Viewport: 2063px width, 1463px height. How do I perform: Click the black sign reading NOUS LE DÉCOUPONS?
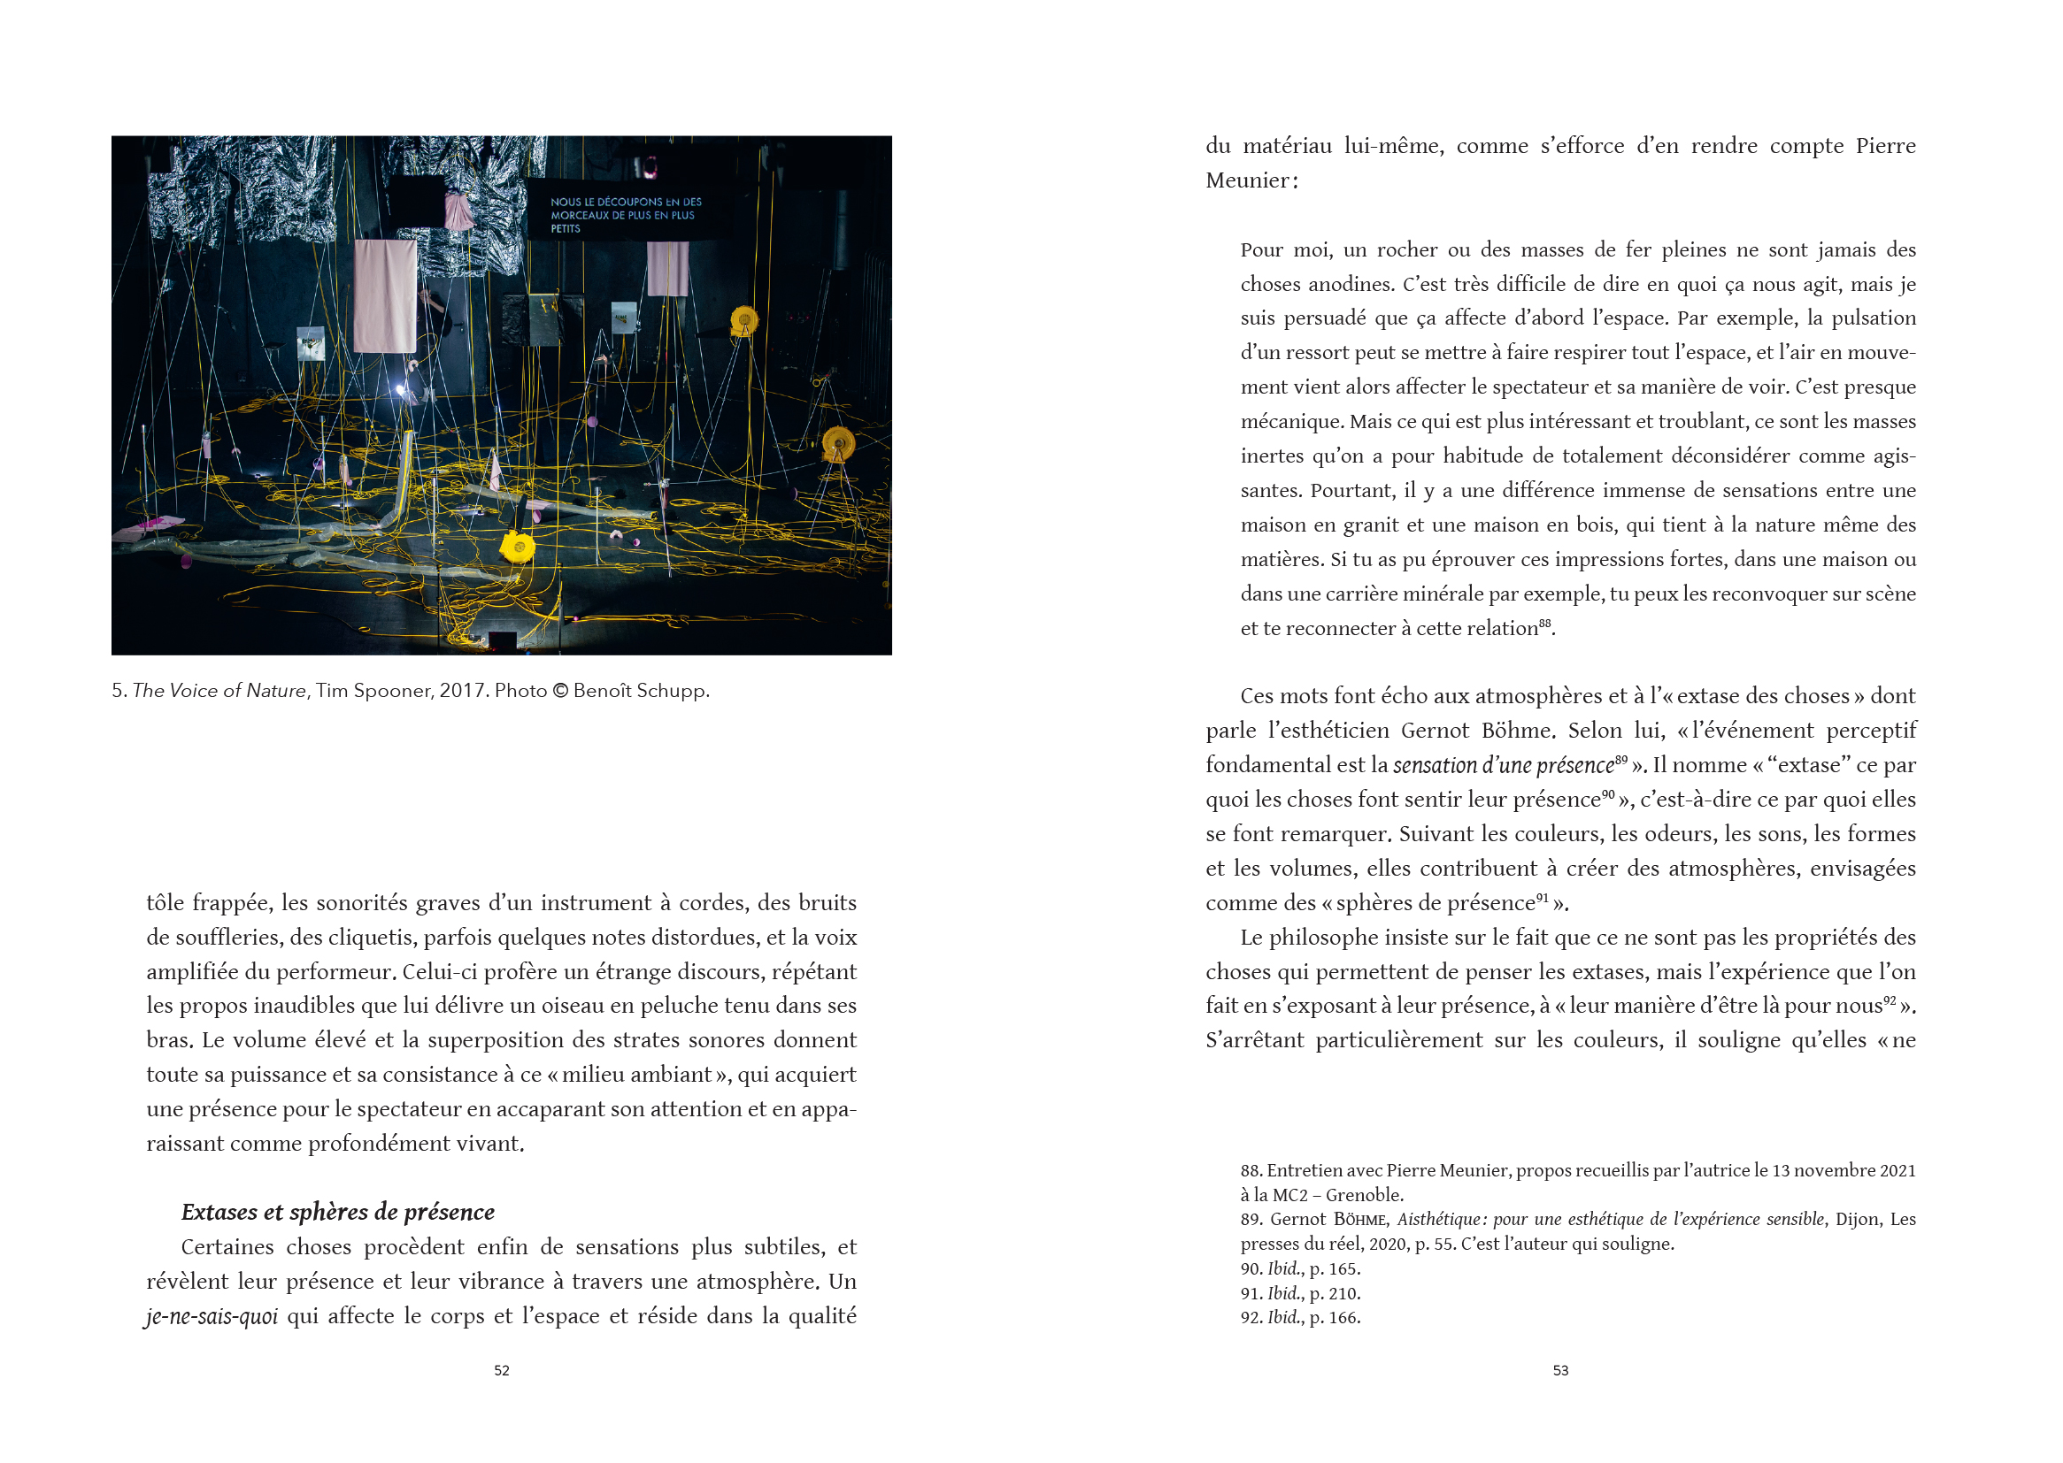626,214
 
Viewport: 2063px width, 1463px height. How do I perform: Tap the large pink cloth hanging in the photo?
385,295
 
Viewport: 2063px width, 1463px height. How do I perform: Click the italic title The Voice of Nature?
219,691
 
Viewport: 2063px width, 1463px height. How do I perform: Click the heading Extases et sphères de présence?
338,1212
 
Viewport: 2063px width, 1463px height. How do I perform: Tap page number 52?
502,1370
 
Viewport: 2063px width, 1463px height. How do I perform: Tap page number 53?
1560,1370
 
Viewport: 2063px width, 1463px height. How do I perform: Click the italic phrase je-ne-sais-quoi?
212,1316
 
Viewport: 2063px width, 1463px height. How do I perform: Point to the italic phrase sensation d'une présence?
1504,766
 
